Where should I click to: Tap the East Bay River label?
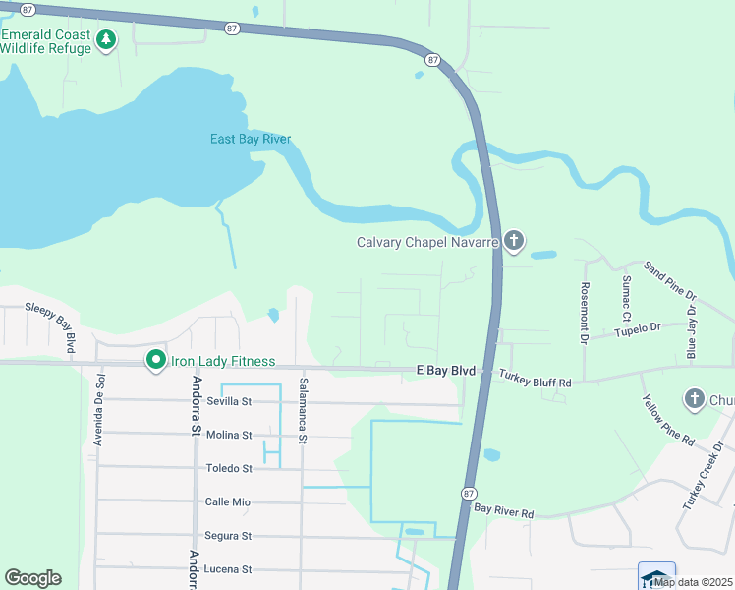pos(251,139)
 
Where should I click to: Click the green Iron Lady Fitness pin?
pos(155,361)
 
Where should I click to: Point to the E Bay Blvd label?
pos(445,371)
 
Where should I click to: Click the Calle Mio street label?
pos(227,501)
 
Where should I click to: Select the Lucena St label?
pos(228,569)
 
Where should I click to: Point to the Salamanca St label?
pos(304,407)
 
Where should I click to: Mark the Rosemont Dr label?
pos(584,313)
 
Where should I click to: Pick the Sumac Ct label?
pos(626,297)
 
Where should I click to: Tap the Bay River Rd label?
pos(503,512)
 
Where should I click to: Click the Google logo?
pos(32,578)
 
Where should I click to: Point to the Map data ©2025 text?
pos(693,582)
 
